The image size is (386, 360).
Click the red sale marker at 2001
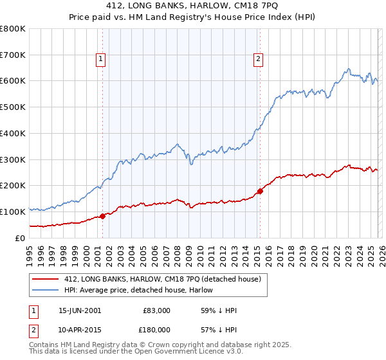102,216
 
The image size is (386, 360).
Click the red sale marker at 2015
260,190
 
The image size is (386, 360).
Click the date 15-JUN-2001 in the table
79,310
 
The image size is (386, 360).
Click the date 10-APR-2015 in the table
79,329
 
